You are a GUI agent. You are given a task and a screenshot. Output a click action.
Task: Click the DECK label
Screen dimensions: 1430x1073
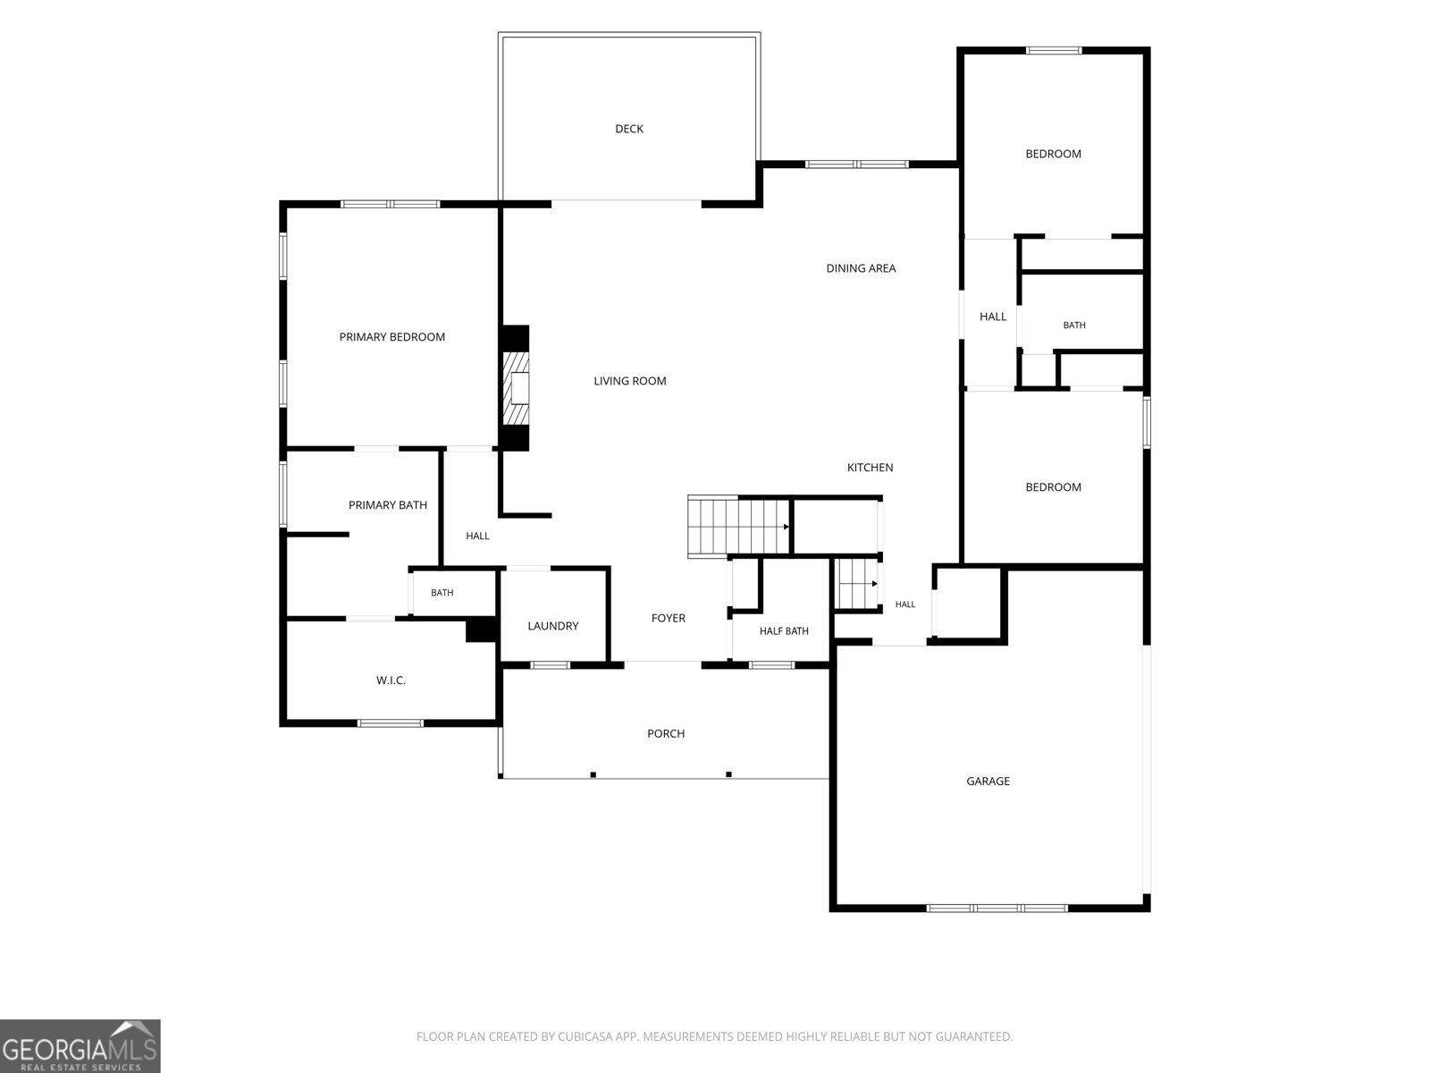coord(628,129)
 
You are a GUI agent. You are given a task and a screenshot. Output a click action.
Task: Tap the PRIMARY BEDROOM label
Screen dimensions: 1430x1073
coord(391,337)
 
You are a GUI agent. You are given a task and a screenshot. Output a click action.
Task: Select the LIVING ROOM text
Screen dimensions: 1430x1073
coord(629,381)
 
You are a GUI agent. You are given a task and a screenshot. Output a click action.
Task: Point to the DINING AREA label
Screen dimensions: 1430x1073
coord(861,268)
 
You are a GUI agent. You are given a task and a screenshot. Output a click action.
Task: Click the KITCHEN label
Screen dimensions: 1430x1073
coord(870,467)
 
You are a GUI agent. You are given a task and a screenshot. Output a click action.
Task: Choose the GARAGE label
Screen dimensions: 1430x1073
coord(988,782)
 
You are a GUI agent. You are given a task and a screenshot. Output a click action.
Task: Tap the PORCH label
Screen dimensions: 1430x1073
coord(666,733)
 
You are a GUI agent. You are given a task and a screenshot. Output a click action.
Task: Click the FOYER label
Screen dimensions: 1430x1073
coord(669,618)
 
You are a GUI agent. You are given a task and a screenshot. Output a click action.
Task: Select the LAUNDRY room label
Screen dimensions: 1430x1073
coord(552,626)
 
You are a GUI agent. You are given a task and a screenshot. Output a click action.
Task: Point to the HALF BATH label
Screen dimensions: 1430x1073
coord(784,631)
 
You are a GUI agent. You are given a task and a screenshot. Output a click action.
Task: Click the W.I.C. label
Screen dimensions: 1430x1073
coord(391,680)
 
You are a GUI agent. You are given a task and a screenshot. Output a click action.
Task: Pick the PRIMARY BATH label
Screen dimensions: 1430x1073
coord(388,505)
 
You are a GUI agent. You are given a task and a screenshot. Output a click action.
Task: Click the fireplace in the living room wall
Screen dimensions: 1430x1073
coord(515,388)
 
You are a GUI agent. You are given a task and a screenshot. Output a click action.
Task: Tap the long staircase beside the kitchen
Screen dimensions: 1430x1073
coord(739,527)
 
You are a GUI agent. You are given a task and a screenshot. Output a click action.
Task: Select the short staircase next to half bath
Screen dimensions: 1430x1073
coord(857,585)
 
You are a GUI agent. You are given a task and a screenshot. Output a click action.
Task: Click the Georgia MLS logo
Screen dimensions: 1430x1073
coord(80,1045)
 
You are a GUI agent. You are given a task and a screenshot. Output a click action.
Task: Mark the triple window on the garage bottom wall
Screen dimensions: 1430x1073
coord(997,908)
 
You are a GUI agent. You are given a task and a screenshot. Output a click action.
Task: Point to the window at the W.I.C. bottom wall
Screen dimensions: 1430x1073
coord(391,723)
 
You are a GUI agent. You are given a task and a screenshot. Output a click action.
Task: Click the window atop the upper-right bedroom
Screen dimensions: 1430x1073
coord(1054,50)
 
